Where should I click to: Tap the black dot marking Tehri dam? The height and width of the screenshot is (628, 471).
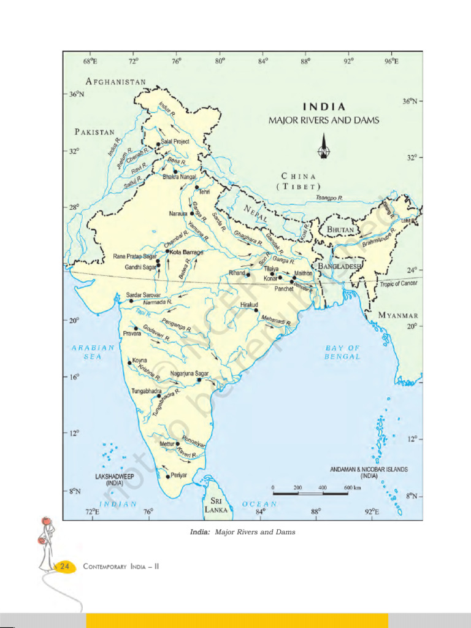coord(197,188)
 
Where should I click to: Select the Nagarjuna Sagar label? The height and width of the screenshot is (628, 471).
coord(190,373)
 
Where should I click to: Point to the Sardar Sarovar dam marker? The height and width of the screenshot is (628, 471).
coord(131,301)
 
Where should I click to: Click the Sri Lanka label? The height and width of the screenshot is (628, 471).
coord(216,505)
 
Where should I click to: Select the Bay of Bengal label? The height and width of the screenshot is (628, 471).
coord(342,352)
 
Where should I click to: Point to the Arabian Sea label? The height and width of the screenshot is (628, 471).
coord(93,351)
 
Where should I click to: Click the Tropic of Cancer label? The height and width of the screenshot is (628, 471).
coord(399,283)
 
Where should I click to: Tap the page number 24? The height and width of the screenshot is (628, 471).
coord(64,567)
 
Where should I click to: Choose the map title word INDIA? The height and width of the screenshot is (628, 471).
coord(324,107)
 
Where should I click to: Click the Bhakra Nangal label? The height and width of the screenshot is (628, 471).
coord(180,177)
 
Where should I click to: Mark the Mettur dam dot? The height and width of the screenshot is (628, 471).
coord(178,443)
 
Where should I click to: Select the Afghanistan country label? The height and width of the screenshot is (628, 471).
coord(116,82)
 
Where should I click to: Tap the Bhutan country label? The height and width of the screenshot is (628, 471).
coord(340,229)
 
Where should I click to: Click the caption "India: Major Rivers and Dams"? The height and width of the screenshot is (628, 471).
coord(243,532)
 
